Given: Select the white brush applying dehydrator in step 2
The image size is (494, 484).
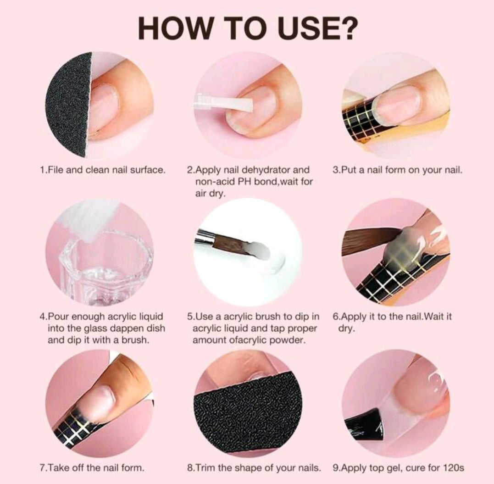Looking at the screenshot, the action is [224, 102].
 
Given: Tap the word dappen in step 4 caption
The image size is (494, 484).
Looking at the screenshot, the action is [123, 328].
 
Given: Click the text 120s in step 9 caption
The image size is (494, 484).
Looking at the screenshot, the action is [453, 468].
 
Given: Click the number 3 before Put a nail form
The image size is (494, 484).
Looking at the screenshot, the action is [335, 170].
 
